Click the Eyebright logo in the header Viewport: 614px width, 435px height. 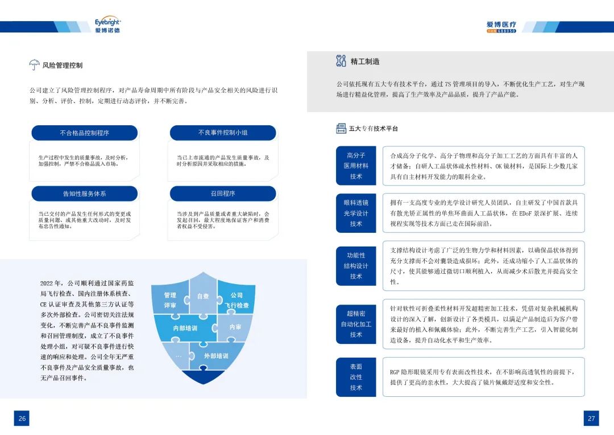(107, 25)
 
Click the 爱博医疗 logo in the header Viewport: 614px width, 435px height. (501, 27)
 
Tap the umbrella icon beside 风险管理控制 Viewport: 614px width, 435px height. (35, 65)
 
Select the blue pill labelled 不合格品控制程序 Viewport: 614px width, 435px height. (85, 133)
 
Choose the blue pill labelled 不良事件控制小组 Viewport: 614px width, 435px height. (223, 133)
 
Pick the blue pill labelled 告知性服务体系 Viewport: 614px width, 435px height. (85, 194)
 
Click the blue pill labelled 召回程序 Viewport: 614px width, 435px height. (223, 194)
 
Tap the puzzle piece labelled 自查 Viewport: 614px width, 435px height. (203, 295)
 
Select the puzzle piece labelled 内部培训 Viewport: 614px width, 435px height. (185, 328)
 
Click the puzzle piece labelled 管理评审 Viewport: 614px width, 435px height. (170, 300)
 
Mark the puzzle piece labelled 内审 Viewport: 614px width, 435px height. (235, 327)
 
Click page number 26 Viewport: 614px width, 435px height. (22, 418)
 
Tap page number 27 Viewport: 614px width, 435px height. (591, 418)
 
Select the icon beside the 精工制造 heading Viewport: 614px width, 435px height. (341, 61)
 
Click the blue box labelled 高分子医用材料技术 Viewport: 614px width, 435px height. (356, 166)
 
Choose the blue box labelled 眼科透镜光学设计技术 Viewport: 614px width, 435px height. (356, 213)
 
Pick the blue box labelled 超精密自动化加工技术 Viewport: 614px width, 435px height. (356, 324)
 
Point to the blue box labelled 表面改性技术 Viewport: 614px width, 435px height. (356, 377)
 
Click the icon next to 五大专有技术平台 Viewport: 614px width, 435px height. (341, 128)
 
